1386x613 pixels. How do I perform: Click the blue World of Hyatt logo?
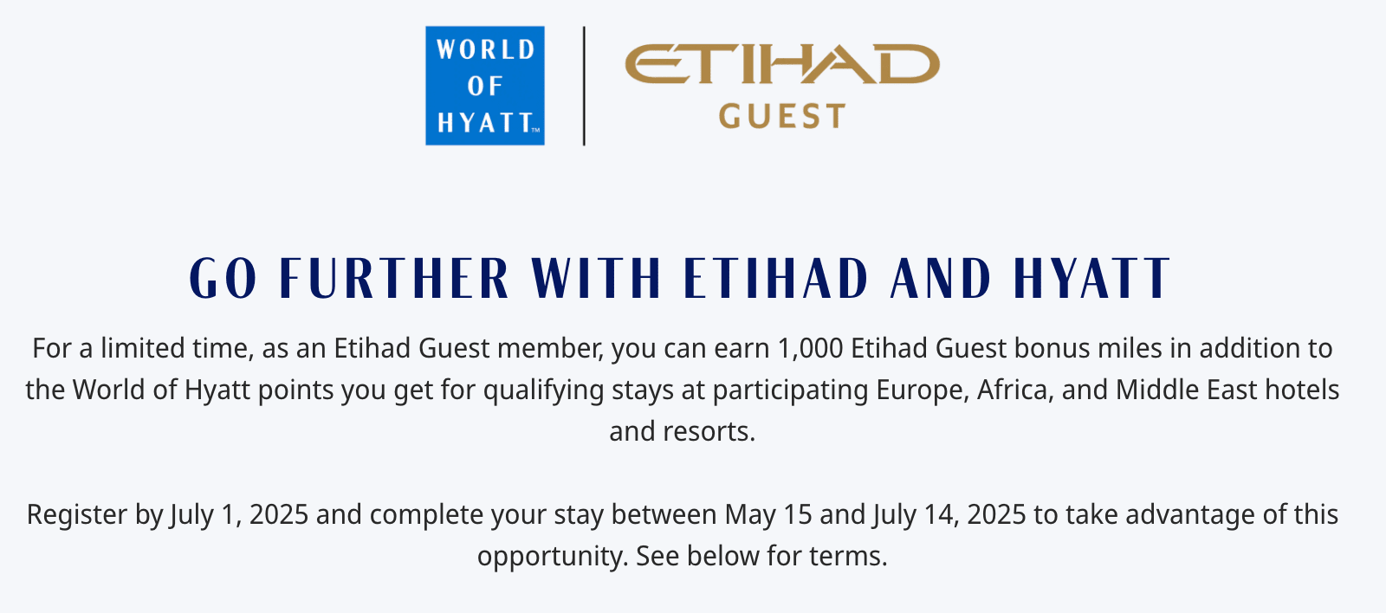tap(485, 86)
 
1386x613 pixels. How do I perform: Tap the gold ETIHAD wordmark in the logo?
tap(782, 64)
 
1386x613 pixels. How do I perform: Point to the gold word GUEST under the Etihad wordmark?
tap(782, 116)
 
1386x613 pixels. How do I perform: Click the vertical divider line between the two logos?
tap(584, 86)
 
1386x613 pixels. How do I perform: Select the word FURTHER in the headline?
tap(394, 278)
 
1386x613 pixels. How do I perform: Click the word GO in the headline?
tap(223, 278)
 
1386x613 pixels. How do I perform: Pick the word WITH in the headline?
tap(596, 278)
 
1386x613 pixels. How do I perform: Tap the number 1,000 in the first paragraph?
tap(810, 348)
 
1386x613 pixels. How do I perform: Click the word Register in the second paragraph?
tap(77, 515)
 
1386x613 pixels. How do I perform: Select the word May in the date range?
tap(747, 515)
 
